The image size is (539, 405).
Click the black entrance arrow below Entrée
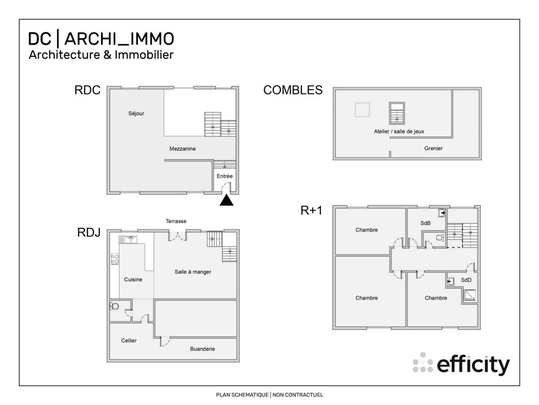[226, 200]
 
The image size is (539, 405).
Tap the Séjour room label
[136, 113]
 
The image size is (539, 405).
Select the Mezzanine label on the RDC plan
[183, 149]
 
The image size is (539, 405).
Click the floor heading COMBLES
[293, 90]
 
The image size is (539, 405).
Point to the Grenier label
[433, 149]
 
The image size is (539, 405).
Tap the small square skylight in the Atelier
[362, 110]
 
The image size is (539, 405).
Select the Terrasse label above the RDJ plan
[176, 221]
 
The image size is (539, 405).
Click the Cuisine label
[133, 279]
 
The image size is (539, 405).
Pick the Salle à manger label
[193, 272]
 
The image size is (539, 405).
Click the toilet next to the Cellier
[115, 306]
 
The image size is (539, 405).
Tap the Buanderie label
[202, 349]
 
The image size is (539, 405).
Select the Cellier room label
[128, 341]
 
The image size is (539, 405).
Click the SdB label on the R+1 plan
[425, 224]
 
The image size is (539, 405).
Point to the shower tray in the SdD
[469, 296]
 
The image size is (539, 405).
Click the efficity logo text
[473, 364]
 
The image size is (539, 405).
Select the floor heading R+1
[311, 211]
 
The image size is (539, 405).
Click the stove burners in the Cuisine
[115, 259]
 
